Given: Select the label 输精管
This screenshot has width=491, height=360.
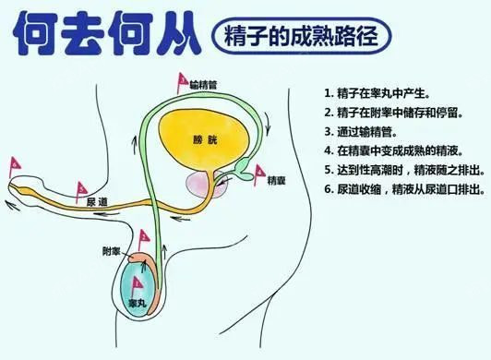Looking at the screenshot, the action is pos(202,84).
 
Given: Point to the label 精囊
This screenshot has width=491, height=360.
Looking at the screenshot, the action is pos(276,181).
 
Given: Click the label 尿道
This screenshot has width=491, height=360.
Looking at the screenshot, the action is pos(97,200).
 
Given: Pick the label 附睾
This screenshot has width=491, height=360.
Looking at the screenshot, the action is pos(112,251).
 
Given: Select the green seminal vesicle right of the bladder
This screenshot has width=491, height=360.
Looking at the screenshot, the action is pos(242,167).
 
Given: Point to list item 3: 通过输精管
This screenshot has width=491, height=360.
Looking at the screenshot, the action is pos(363,132).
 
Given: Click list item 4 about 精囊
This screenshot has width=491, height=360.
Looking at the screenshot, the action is pos(400,151).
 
